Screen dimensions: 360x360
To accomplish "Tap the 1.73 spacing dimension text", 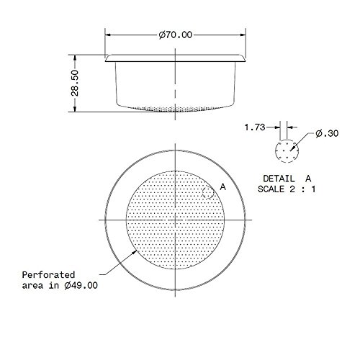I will point(253,127).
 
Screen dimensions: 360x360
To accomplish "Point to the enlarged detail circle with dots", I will point(286,150).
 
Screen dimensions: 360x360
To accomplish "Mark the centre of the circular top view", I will point(176,219).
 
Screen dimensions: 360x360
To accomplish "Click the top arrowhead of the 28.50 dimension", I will point(76,54).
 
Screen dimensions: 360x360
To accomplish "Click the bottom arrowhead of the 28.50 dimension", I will point(76,109).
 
